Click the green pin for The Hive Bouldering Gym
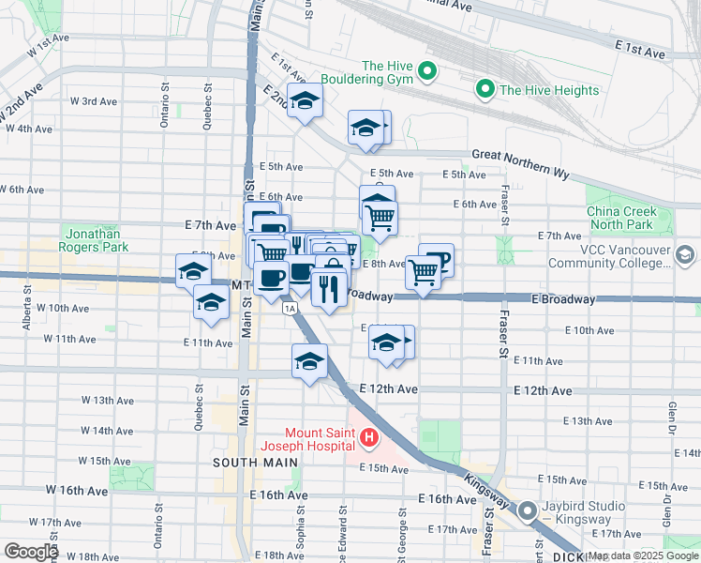click(x=427, y=70)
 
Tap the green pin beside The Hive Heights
click(x=485, y=90)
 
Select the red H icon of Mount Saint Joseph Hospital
click(x=369, y=437)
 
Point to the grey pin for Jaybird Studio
click(x=528, y=512)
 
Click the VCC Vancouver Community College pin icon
click(x=685, y=255)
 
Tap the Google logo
click(x=31, y=551)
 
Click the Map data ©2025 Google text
click(x=643, y=556)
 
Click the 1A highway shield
click(x=291, y=308)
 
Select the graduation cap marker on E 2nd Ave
click(x=304, y=103)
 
